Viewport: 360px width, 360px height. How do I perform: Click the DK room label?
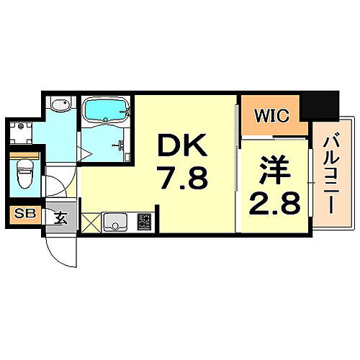coord(182,148)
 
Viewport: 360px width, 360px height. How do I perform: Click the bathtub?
coord(106,111)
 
